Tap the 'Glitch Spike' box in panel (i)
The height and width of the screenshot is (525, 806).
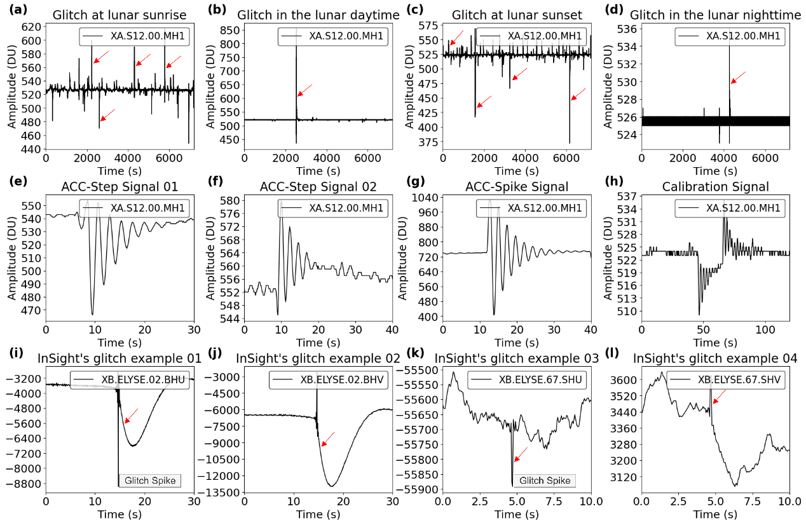pyautogui.click(x=150, y=480)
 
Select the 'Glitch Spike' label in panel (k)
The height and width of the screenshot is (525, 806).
pyautogui.click(x=545, y=480)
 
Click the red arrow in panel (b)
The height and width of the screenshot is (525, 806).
pyautogui.click(x=305, y=90)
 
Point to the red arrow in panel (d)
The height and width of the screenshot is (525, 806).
pyautogui.click(x=737, y=78)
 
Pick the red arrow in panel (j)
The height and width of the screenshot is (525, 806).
pyautogui.click(x=327, y=439)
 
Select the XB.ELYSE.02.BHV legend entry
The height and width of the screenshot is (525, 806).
pyautogui.click(x=335, y=380)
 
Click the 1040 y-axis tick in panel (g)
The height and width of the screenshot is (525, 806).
pyautogui.click(x=423, y=196)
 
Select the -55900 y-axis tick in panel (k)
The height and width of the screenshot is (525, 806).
pyautogui.click(x=416, y=489)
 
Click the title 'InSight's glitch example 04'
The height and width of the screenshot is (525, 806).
pyautogui.click(x=715, y=358)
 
